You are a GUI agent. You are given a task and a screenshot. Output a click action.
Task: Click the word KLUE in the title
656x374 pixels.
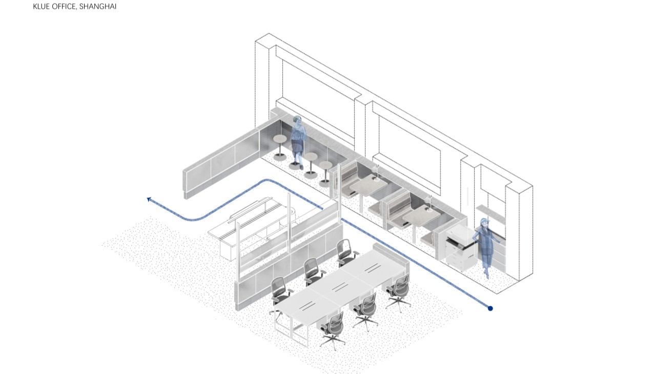tap(40, 7)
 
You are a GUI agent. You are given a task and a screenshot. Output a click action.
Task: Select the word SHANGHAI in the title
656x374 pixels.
tap(98, 7)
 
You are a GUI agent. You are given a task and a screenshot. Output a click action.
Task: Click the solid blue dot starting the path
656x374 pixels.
tap(490, 308)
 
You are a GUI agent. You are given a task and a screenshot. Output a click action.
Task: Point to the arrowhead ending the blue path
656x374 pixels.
tap(149, 199)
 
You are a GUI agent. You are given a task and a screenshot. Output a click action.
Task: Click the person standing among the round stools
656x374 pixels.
tap(298, 142)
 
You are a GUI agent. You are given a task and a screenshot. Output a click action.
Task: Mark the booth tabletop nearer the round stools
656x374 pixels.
tap(368, 186)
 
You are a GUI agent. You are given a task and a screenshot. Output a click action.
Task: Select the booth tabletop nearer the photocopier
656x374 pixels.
tap(421, 215)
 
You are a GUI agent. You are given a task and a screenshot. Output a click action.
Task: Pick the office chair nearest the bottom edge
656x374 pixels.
tap(333, 330)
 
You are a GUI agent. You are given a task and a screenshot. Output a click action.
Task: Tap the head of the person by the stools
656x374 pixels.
tap(298, 120)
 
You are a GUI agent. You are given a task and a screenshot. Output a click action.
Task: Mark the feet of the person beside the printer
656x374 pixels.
tap(486, 274)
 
